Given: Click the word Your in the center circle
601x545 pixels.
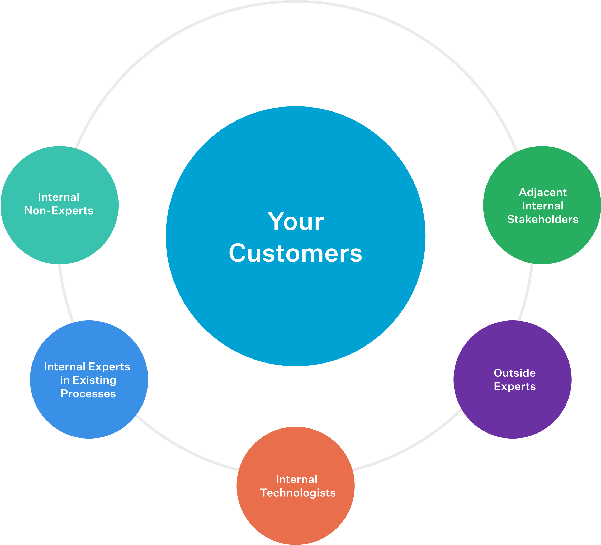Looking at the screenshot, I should pos(295,221).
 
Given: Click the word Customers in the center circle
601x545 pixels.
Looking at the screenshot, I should pos(295,253).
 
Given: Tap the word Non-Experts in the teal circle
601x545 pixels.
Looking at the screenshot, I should pos(59,211).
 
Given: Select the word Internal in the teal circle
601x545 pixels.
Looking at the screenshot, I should pos(59,197).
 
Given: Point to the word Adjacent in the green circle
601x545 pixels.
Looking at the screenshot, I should pos(543,192).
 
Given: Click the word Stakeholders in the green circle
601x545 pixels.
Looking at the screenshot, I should pos(543,219).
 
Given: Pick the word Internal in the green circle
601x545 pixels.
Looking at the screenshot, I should pos(543,206).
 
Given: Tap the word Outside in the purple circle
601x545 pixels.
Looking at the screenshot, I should pos(514,373).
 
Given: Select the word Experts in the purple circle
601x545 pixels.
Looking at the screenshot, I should pos(514,386).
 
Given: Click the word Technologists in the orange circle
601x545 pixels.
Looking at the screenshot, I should pos(298,493).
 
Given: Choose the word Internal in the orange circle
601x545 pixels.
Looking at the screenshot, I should pos(297,479).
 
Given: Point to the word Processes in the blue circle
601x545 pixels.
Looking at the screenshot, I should pos(88,393).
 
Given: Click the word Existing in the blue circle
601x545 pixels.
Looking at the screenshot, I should pos(94,380).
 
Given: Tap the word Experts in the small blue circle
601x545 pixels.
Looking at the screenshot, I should pos(109,367).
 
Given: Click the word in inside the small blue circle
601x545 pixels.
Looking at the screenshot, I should pos(65,380).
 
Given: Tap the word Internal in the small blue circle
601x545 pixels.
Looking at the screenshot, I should pos(65,367).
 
